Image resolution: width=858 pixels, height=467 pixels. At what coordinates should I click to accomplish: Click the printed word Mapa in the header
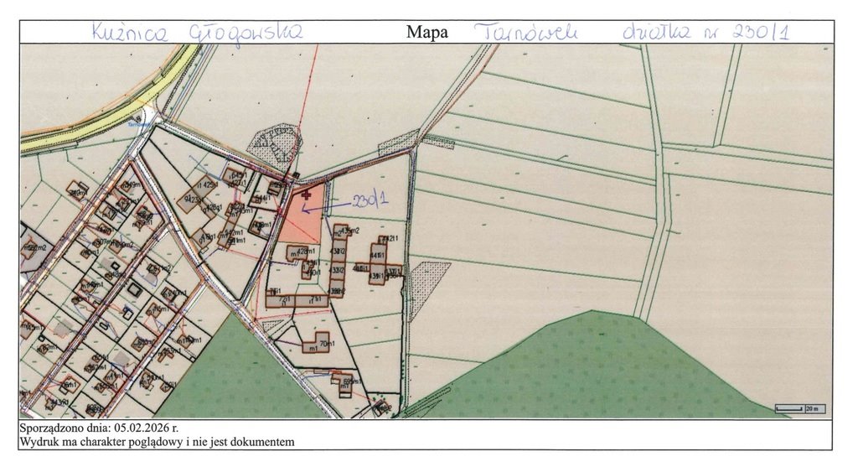[x=426, y=33]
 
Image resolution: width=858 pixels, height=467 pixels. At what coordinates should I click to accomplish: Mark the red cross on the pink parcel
[x=306, y=195]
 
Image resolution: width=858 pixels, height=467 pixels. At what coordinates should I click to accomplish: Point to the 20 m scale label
[x=811, y=409]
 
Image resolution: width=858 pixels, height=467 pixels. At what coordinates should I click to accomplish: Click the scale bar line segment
[x=789, y=409]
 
